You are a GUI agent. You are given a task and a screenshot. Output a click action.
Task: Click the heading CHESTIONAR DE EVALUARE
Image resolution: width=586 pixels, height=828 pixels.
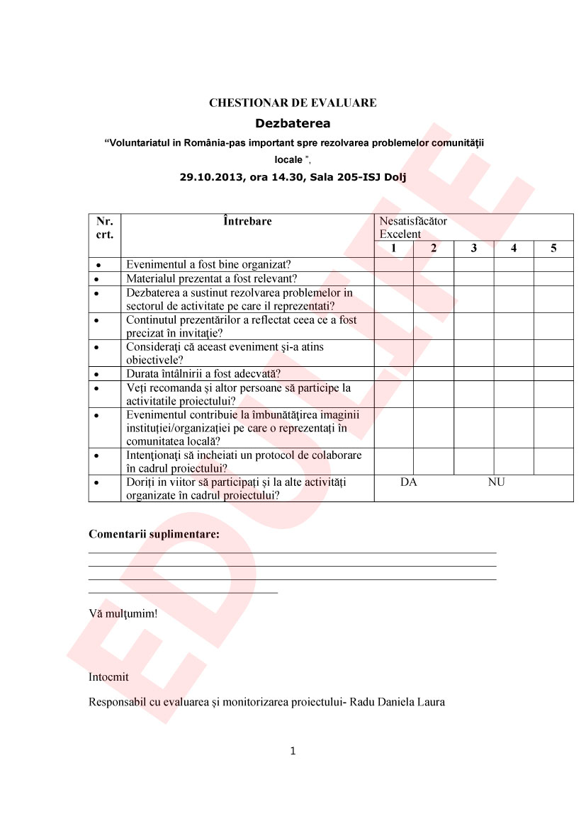click(x=293, y=103)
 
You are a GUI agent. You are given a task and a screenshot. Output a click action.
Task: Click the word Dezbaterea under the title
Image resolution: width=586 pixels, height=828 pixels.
click(x=293, y=123)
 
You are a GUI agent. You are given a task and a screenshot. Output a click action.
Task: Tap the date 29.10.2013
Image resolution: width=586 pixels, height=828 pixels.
click(x=209, y=178)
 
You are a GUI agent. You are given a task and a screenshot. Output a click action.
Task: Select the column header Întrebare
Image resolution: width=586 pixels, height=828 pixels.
click(x=247, y=222)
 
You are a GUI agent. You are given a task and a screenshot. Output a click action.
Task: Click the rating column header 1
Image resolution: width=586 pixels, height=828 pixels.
click(x=394, y=249)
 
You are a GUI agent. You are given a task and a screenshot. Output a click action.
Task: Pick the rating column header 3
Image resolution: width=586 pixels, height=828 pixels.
click(x=473, y=249)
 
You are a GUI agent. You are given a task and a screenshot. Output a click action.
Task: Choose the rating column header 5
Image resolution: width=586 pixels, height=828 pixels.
click(x=553, y=249)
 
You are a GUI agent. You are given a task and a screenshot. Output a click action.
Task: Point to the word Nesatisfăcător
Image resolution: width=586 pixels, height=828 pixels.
click(x=413, y=221)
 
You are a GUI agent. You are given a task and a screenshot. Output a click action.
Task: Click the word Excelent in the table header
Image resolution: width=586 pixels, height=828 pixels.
click(x=400, y=234)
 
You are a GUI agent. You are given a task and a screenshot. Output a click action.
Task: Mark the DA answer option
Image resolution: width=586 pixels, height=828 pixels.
click(x=408, y=482)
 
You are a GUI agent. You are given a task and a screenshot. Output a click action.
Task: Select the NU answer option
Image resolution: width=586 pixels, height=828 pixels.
click(x=496, y=482)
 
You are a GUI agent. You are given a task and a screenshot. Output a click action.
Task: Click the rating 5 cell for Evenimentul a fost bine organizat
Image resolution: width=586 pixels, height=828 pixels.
click(x=553, y=265)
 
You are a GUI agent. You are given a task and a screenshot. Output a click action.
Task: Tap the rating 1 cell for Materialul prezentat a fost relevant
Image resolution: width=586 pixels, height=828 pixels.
click(x=394, y=278)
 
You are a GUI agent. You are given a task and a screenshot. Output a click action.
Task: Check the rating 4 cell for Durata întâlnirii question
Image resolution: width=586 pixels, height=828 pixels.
click(x=513, y=374)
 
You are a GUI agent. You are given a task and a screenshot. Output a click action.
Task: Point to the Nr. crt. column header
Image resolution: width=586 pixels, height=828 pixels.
click(x=105, y=227)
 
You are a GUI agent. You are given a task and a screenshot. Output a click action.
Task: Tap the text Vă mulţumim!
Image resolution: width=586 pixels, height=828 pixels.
click(x=123, y=613)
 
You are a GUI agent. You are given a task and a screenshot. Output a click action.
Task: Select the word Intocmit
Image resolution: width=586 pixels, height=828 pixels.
click(x=108, y=676)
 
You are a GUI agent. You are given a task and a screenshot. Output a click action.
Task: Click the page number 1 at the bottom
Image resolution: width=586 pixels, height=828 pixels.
click(x=293, y=751)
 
